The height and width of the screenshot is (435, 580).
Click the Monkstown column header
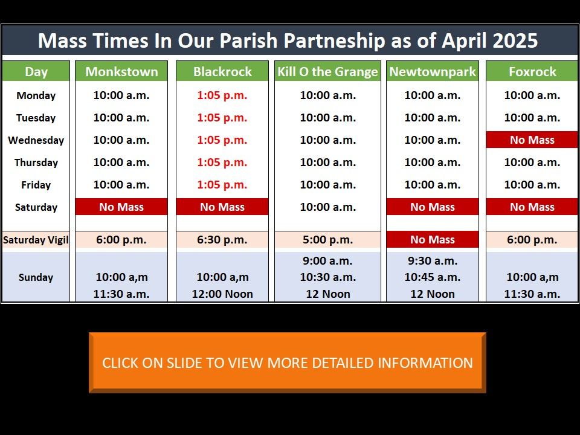point(121,71)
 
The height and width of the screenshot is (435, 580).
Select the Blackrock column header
point(222,71)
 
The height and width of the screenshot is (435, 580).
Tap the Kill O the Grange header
point(327,71)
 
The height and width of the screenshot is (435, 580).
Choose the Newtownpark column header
point(433,71)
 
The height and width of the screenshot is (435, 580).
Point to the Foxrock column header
point(532,71)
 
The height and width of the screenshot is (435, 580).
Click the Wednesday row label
point(36,140)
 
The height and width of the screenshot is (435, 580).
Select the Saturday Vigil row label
point(36,240)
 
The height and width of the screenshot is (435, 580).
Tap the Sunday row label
point(36,277)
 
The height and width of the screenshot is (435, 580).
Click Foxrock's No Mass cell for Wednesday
point(532,140)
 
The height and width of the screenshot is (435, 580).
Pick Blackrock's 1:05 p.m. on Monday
point(222,95)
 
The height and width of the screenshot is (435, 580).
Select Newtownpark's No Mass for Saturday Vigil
point(433,240)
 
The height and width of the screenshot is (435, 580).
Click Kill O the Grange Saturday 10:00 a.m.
point(327,207)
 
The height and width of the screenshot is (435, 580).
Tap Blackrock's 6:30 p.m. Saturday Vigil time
point(222,240)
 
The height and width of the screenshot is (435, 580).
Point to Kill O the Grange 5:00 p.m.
point(327,240)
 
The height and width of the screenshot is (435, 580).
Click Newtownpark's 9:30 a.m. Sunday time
point(433,261)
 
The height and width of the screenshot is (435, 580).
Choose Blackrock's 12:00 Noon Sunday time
point(222,294)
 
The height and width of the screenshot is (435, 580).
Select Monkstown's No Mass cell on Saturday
point(121,207)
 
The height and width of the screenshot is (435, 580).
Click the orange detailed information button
point(288,362)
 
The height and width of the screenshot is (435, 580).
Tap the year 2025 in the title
point(515,40)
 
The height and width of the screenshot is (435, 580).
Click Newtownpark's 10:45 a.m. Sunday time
point(433,277)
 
